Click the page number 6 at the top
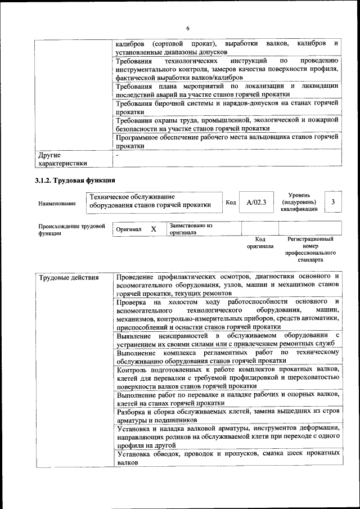pos(188,29)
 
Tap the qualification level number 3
pos(333,201)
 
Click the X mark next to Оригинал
pos(154,229)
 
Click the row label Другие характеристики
pos(62,159)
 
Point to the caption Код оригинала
pos(260,242)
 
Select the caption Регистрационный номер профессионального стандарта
pos(310,250)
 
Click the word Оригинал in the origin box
pos(129,230)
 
